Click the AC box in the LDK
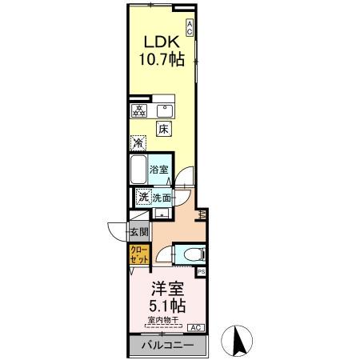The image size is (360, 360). pyautogui.click(x=190, y=27)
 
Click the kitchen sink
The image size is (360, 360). pyautogui.click(x=167, y=110)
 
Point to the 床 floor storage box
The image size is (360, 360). pyautogui.click(x=163, y=129)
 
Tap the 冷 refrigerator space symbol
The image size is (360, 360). pyautogui.click(x=138, y=144)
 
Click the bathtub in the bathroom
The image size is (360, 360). pyautogui.click(x=138, y=170)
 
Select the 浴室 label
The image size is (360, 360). pyautogui.click(x=160, y=170)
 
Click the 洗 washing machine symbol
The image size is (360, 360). pyautogui.click(x=142, y=197)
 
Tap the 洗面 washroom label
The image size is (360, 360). pyautogui.click(x=162, y=197)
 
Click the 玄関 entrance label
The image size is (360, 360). pyautogui.click(x=139, y=233)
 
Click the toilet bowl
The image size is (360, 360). pyautogui.click(x=190, y=254)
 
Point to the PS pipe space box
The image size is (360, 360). pyautogui.click(x=201, y=272)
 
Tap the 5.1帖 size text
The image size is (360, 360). pyautogui.click(x=166, y=306)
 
